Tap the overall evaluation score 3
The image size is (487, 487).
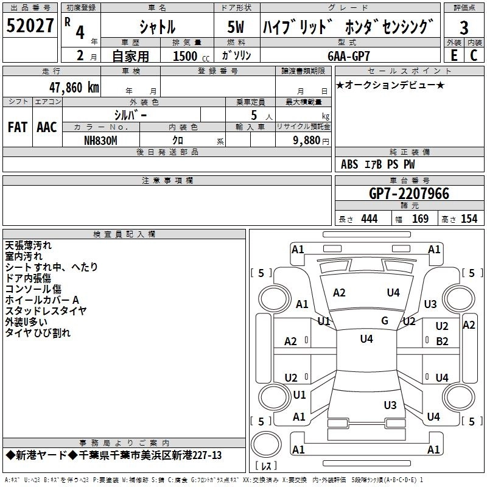click(x=464, y=27)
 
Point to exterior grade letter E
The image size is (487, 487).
click(x=454, y=55)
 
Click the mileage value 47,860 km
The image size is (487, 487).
click(x=72, y=86)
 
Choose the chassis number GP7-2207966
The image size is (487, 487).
click(x=408, y=194)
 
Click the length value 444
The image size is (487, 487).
click(x=369, y=219)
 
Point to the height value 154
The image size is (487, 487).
click(x=469, y=219)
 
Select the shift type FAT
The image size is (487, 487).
click(x=17, y=127)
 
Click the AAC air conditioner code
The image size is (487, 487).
click(x=47, y=127)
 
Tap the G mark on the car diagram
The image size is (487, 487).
click(x=384, y=321)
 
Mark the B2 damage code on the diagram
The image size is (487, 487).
click(x=442, y=342)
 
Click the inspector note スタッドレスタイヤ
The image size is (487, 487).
click(x=46, y=311)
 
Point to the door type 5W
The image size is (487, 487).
click(x=237, y=27)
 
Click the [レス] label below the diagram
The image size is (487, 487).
click(x=267, y=467)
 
